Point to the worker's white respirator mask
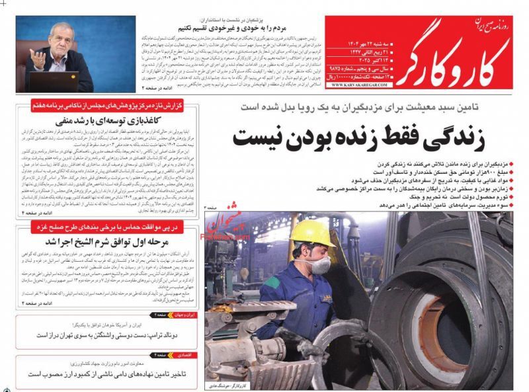tap(321, 265)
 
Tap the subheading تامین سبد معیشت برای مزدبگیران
tap(371, 106)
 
